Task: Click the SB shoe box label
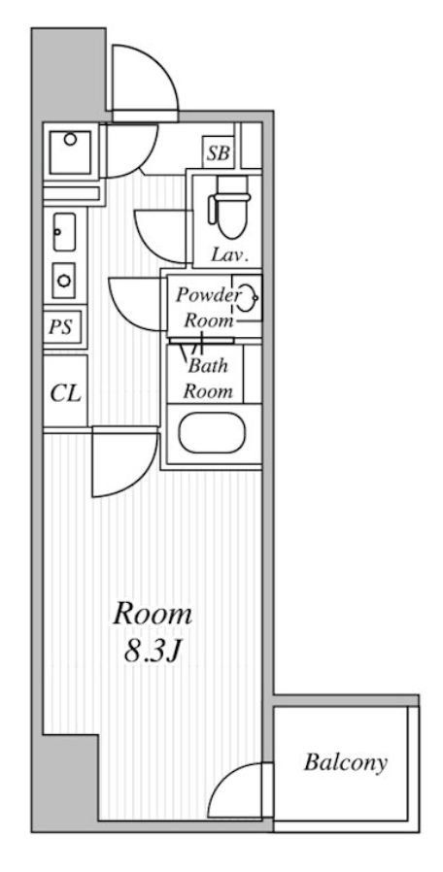click(x=219, y=152)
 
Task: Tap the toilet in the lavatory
click(x=228, y=208)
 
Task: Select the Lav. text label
click(x=228, y=255)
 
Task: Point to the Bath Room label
click(x=208, y=378)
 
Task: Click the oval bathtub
click(x=212, y=432)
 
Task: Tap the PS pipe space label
click(x=60, y=326)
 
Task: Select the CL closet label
click(x=66, y=393)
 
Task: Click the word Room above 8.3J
click(x=153, y=614)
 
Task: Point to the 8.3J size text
click(x=151, y=652)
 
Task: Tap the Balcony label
click(x=345, y=762)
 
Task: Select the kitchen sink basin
click(x=63, y=232)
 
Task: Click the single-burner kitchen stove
click(x=64, y=281)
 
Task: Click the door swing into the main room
click(x=125, y=460)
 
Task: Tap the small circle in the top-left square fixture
click(x=70, y=139)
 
